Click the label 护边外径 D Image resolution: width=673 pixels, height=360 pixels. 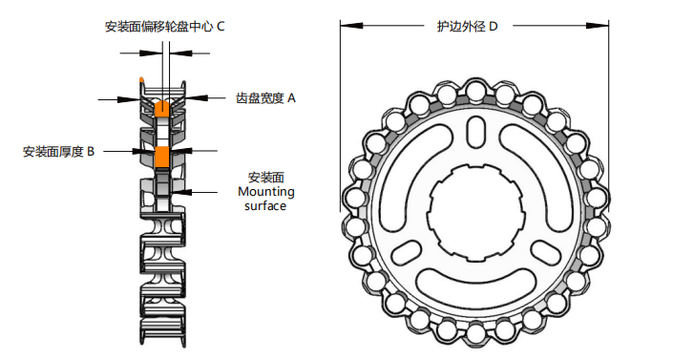pyautogui.click(x=467, y=27)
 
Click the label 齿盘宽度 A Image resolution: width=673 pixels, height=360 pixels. pyautogui.click(x=265, y=98)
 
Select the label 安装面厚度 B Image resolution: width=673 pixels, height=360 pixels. pyautogui.click(x=58, y=152)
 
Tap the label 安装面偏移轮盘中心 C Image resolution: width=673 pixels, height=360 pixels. pyautogui.click(x=165, y=27)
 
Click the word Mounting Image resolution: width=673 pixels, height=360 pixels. pyautogui.click(x=266, y=192)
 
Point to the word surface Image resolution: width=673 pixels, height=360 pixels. pyautogui.click(x=265, y=205)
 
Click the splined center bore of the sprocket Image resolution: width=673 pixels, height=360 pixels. pyautogui.click(x=474, y=213)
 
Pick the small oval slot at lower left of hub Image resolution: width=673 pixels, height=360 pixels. pyautogui.click(x=406, y=253)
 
